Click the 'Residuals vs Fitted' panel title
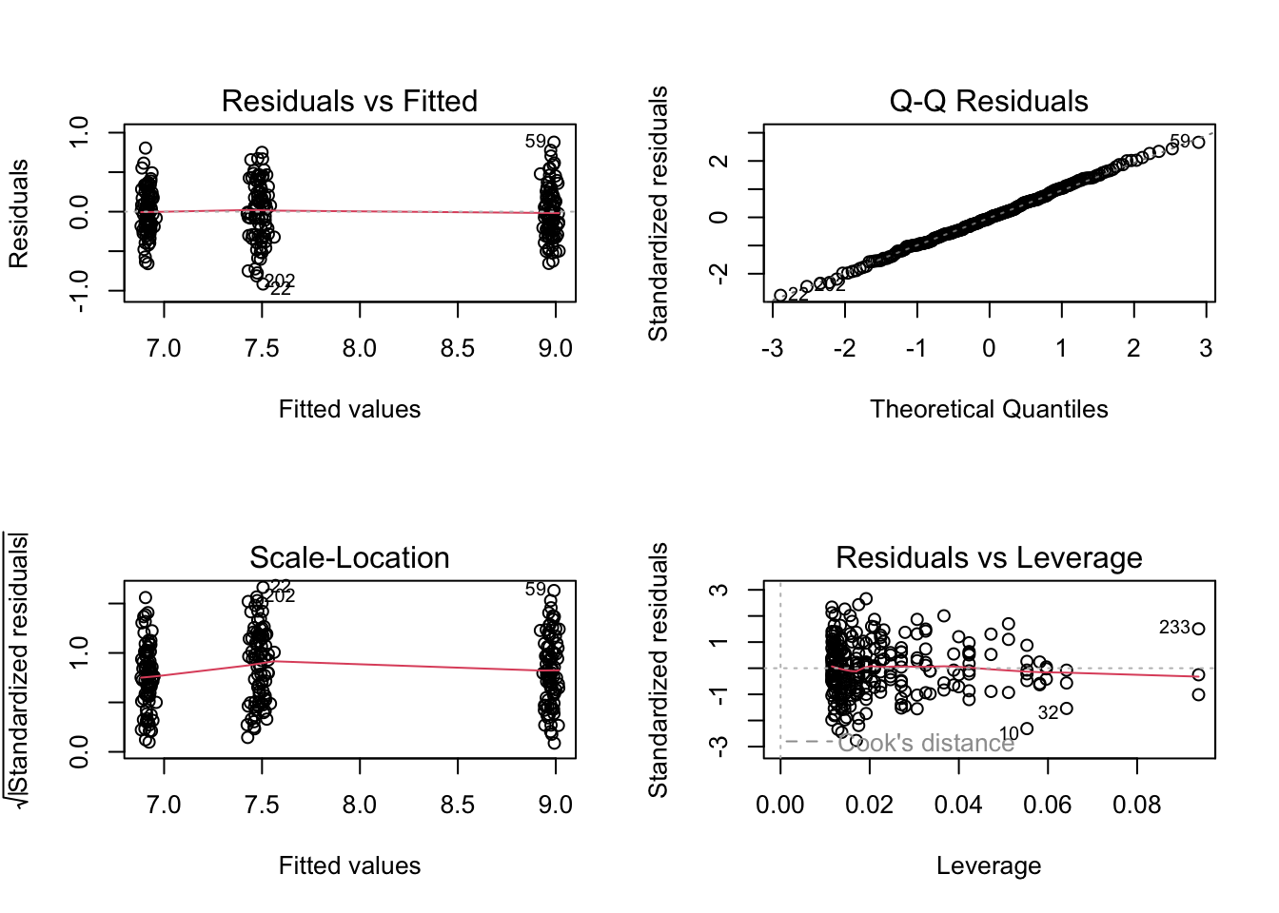349,101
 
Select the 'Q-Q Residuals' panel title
989,101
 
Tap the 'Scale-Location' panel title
349,557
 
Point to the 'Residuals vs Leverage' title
989,557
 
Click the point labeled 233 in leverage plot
1198,629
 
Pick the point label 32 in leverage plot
1048,713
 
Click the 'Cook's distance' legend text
926,743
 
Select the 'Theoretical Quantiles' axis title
989,409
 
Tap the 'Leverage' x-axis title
989,865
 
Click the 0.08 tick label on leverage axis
1137,806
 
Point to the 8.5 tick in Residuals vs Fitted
458,349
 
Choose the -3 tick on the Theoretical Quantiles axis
773,349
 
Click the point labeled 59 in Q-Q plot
1198,142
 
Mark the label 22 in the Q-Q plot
798,294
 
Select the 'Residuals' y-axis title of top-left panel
19,213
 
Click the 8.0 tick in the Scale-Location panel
360,806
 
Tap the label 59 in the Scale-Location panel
536,590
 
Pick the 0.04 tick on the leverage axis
958,806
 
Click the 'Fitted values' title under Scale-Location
349,865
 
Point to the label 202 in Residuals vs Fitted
281,281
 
